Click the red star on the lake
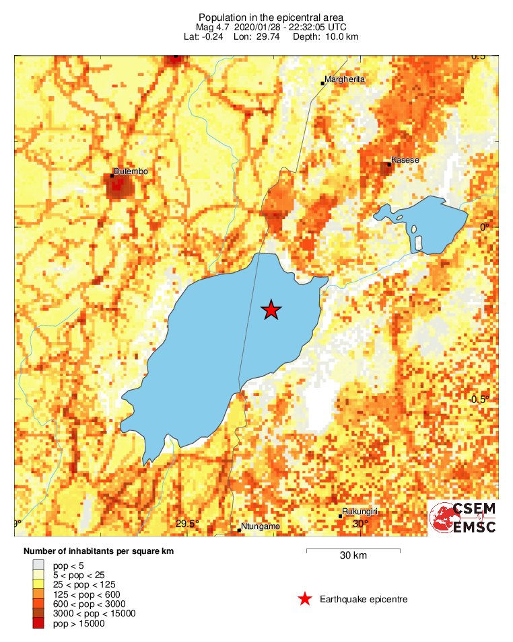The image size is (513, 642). pyautogui.click(x=271, y=309)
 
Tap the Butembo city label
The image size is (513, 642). pyautogui.click(x=131, y=172)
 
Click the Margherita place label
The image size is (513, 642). pyautogui.click(x=344, y=80)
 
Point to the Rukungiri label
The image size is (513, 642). pyautogui.click(x=360, y=512)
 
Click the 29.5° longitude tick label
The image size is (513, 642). pyautogui.click(x=188, y=524)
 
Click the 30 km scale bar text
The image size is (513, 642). pyautogui.click(x=353, y=556)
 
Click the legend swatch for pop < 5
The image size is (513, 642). pyautogui.click(x=38, y=565)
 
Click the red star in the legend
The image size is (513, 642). pyautogui.click(x=305, y=599)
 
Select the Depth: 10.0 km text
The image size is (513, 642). pyautogui.click(x=325, y=36)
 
